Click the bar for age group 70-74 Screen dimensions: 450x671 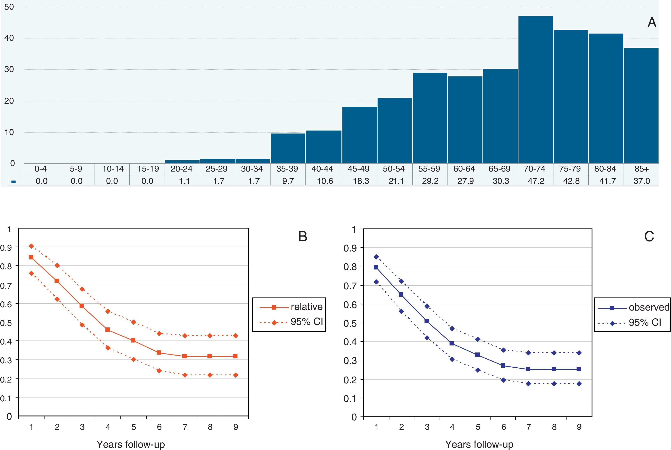[x=535, y=90]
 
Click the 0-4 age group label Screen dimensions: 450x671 [x=40, y=169]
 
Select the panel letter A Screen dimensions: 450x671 [x=652, y=22]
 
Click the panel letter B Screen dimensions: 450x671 [x=303, y=237]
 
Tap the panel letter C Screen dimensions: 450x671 [x=649, y=237]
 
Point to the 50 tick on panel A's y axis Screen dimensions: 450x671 [x=9, y=7]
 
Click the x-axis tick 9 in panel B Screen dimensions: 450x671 [x=236, y=427]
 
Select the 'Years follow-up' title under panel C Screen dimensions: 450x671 [x=479, y=444]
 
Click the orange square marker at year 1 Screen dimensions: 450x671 [x=31, y=257]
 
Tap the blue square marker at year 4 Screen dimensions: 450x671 [x=452, y=343]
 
